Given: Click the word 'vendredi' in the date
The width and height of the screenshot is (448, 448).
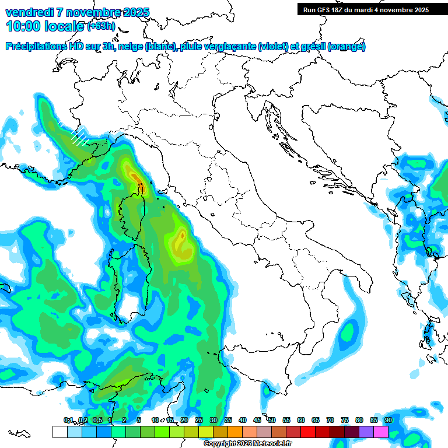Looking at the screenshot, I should (x=29, y=12).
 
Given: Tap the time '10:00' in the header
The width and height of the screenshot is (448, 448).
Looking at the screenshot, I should (x=24, y=26).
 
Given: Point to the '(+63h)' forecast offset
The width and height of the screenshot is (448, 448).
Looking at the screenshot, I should (x=101, y=25).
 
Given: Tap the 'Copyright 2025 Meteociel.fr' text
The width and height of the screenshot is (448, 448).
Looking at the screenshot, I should (x=247, y=444).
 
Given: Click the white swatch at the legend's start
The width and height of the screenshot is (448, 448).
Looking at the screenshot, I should (x=60, y=432).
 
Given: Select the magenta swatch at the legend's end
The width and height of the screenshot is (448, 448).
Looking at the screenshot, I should (x=381, y=432).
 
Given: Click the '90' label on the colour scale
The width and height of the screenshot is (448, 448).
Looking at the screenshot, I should (x=388, y=420).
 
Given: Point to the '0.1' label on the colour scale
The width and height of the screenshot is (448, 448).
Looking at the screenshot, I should (x=68, y=420).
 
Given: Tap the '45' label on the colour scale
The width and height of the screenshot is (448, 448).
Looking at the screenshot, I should (x=257, y=420).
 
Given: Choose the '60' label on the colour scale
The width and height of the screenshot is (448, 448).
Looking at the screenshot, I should (x=301, y=420).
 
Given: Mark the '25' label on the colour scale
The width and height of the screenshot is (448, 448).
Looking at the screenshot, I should (x=199, y=420).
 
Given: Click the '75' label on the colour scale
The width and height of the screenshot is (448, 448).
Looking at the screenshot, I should (x=345, y=420).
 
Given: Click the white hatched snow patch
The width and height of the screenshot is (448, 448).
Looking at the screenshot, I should (x=79, y=136).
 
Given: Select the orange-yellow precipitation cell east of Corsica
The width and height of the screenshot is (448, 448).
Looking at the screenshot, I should (x=183, y=239).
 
